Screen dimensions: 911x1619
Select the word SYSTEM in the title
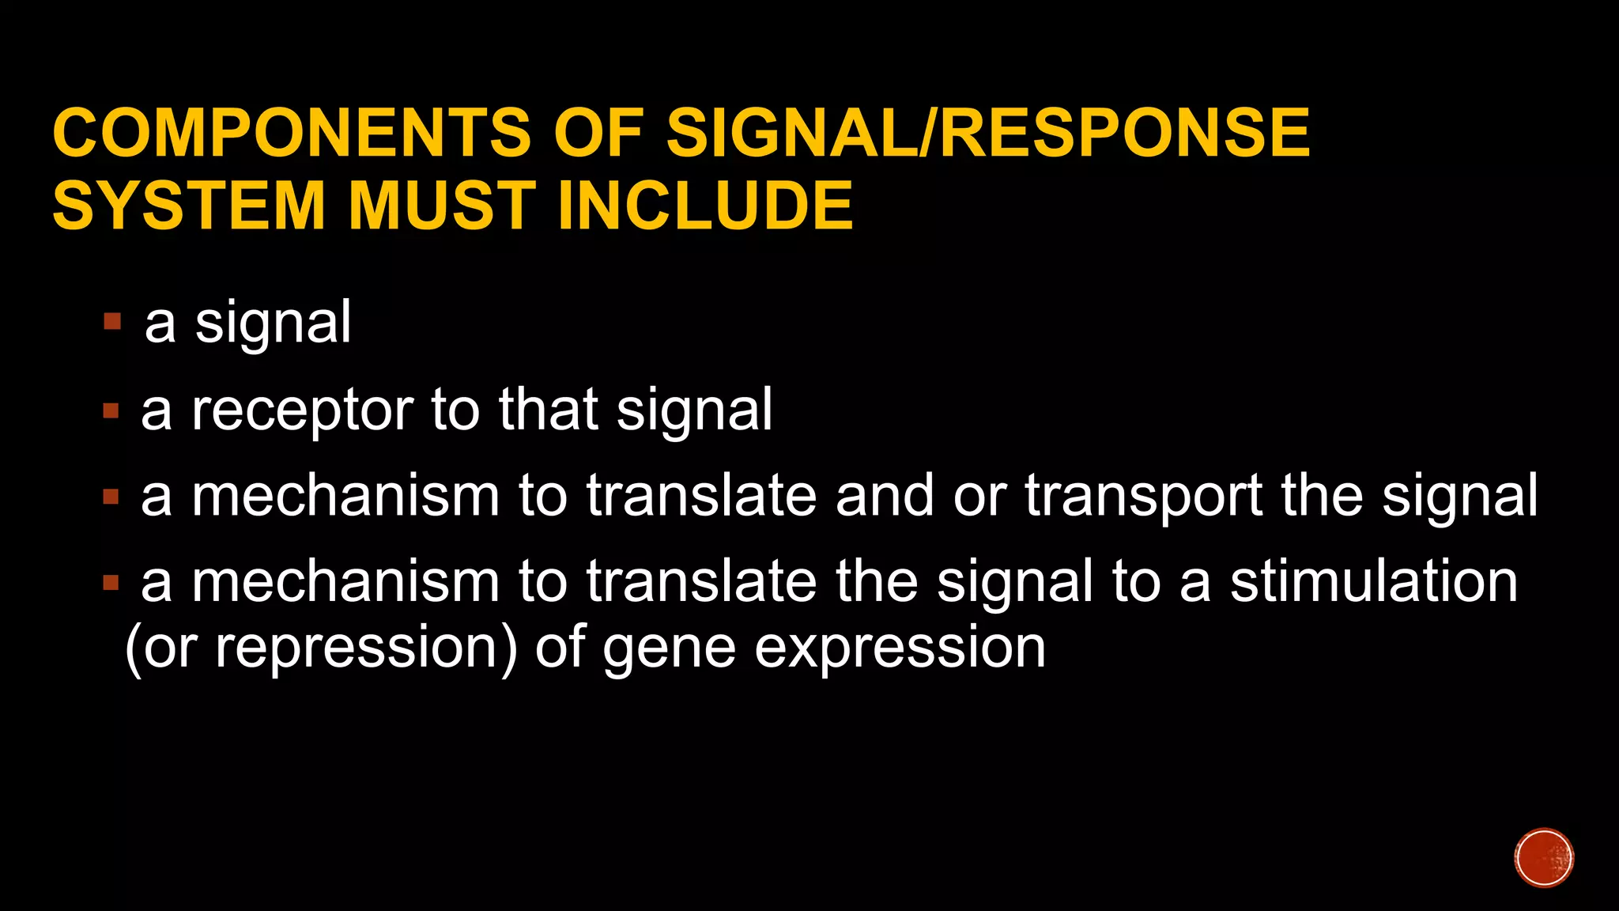[189, 206]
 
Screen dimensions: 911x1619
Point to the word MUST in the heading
[443, 206]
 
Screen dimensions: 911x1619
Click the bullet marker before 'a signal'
[112, 321]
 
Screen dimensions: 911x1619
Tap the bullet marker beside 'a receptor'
[111, 410]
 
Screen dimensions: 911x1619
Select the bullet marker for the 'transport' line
[111, 497]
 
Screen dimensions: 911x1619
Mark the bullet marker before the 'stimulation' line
[111, 584]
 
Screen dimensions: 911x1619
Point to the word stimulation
[1374, 582]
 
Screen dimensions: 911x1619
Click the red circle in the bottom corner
[1544, 858]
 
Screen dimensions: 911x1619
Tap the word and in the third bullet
[885, 497]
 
